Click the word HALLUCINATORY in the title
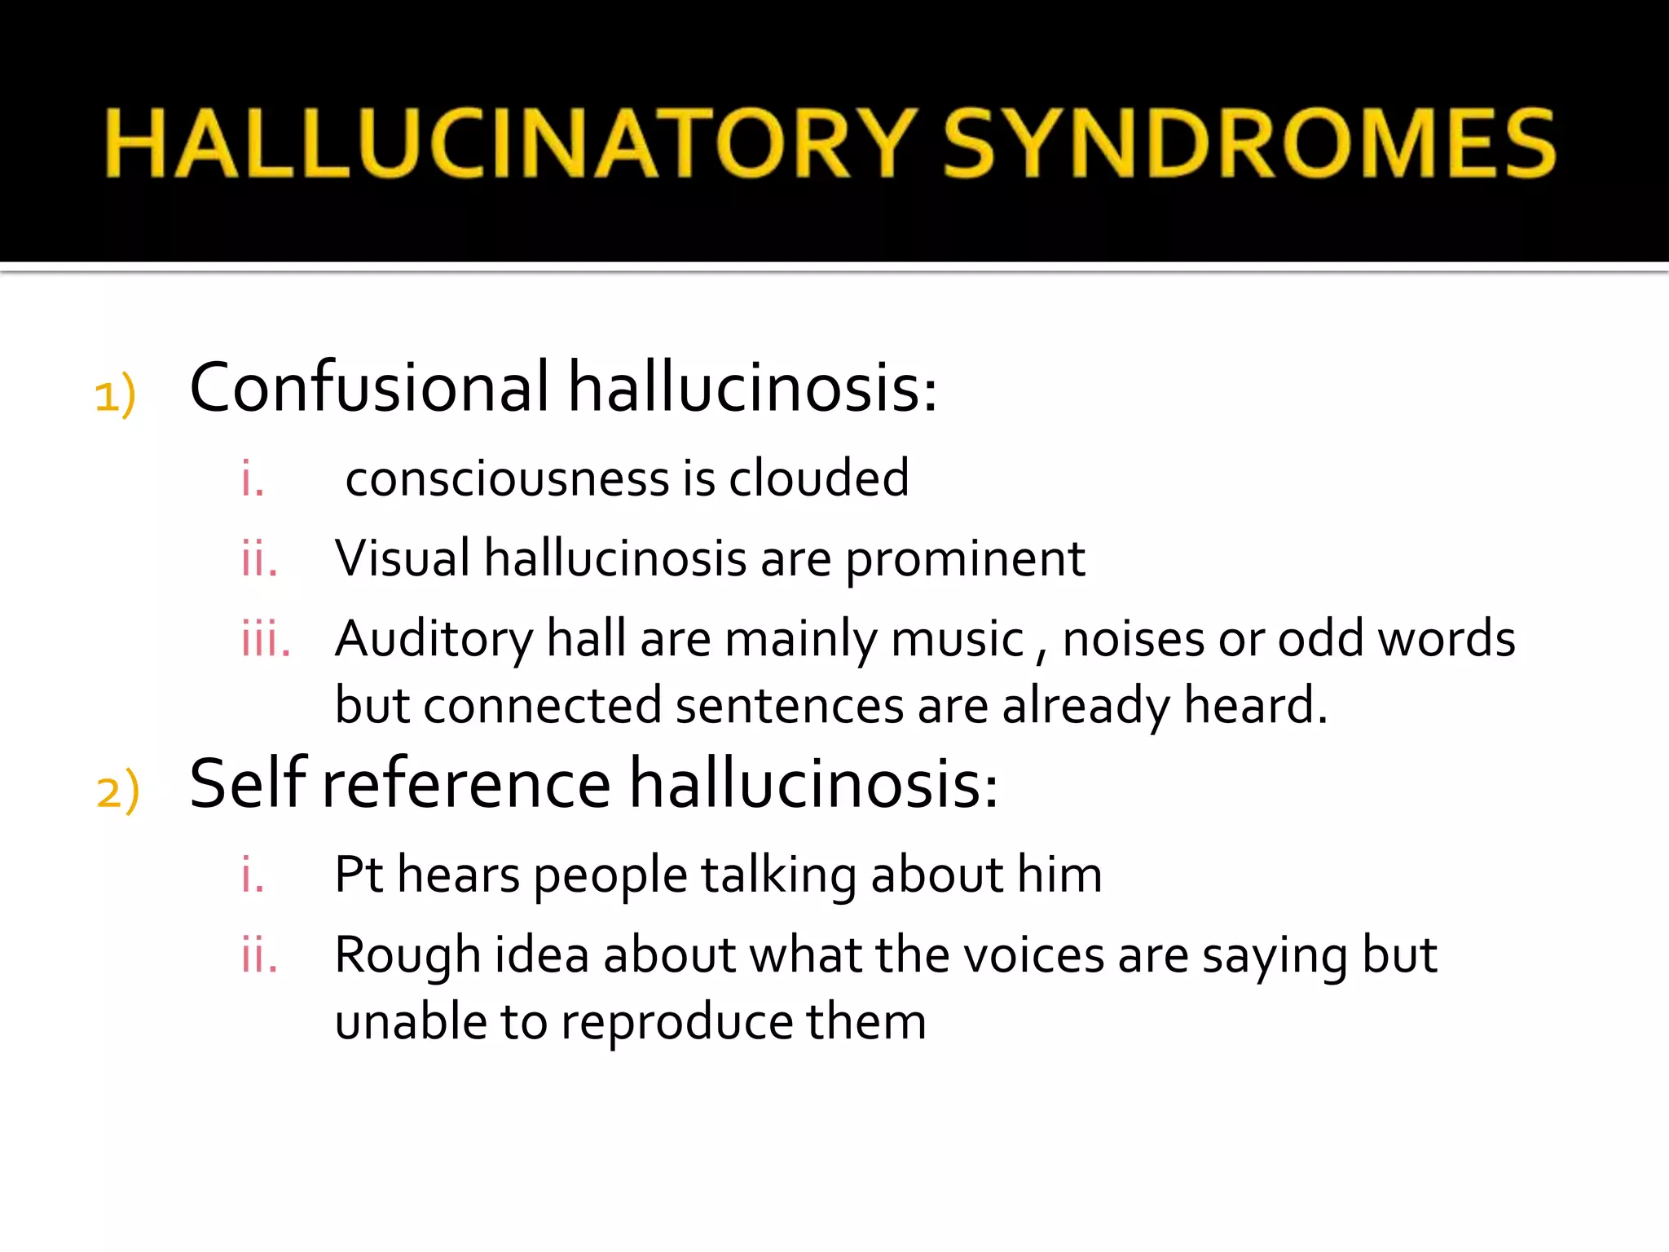point(510,144)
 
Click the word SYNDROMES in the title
point(1249,144)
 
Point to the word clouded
point(818,478)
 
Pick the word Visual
point(403,559)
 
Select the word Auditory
point(434,640)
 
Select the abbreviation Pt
point(359,875)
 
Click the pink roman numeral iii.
point(266,640)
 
